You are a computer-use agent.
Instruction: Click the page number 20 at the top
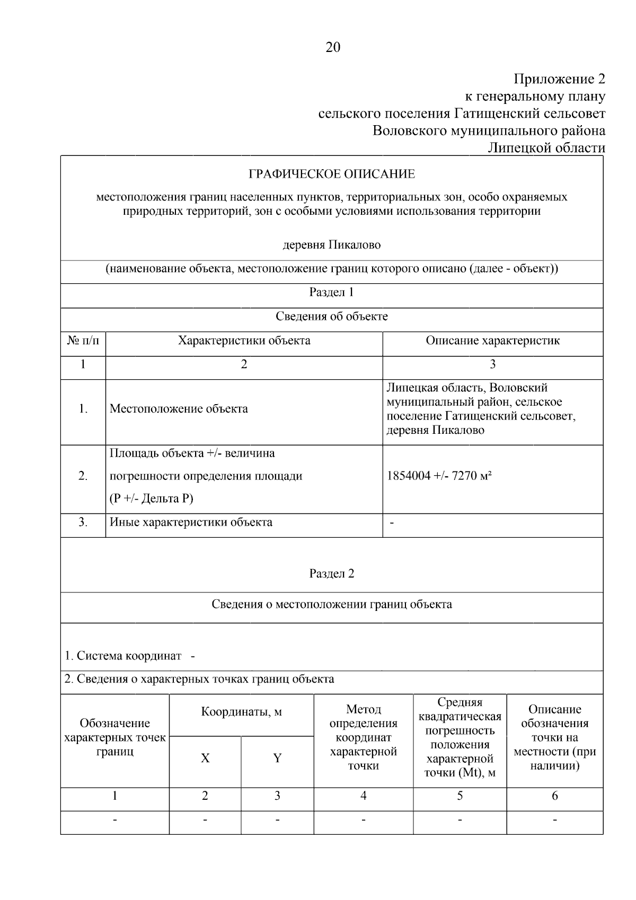click(x=333, y=48)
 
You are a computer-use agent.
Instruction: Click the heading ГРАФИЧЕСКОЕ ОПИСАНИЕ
click(x=332, y=174)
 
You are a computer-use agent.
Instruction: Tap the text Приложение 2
click(x=559, y=80)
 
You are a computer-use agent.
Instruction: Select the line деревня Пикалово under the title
click(x=332, y=245)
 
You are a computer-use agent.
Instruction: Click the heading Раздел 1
click(x=332, y=292)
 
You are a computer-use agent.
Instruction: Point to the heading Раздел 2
click(x=332, y=573)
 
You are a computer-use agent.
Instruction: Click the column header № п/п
click(x=83, y=340)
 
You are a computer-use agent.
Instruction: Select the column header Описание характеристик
click(x=492, y=340)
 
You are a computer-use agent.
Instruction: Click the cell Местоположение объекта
click(x=179, y=409)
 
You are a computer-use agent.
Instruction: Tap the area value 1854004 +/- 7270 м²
click(x=439, y=476)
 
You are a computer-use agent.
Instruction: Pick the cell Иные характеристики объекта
click(x=191, y=522)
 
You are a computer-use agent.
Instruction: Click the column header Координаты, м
click(x=241, y=712)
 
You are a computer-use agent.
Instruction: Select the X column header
click(x=205, y=758)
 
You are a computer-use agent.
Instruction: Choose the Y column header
click(x=277, y=758)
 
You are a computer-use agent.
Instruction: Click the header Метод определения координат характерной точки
click(x=364, y=737)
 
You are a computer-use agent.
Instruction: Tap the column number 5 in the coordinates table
click(x=460, y=796)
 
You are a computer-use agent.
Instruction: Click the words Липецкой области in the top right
click(x=546, y=147)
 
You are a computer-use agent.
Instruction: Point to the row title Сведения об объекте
click(x=332, y=317)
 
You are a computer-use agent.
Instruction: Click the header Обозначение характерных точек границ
click(x=115, y=737)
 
